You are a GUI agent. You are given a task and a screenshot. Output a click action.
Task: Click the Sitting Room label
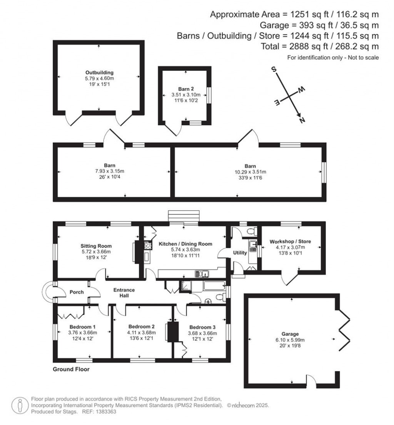click(96, 246)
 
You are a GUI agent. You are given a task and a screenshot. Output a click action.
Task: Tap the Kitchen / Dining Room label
click(185, 244)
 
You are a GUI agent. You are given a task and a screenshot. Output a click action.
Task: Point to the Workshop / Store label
click(290, 241)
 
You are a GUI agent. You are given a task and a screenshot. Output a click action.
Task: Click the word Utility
click(240, 253)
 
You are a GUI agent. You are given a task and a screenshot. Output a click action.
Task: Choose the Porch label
click(77, 292)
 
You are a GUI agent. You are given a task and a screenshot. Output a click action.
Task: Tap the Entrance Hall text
click(124, 293)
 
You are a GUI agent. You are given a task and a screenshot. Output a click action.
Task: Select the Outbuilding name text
click(99, 72)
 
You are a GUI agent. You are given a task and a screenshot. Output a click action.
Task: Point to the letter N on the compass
click(302, 120)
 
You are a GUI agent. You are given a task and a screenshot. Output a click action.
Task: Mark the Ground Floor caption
click(71, 370)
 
